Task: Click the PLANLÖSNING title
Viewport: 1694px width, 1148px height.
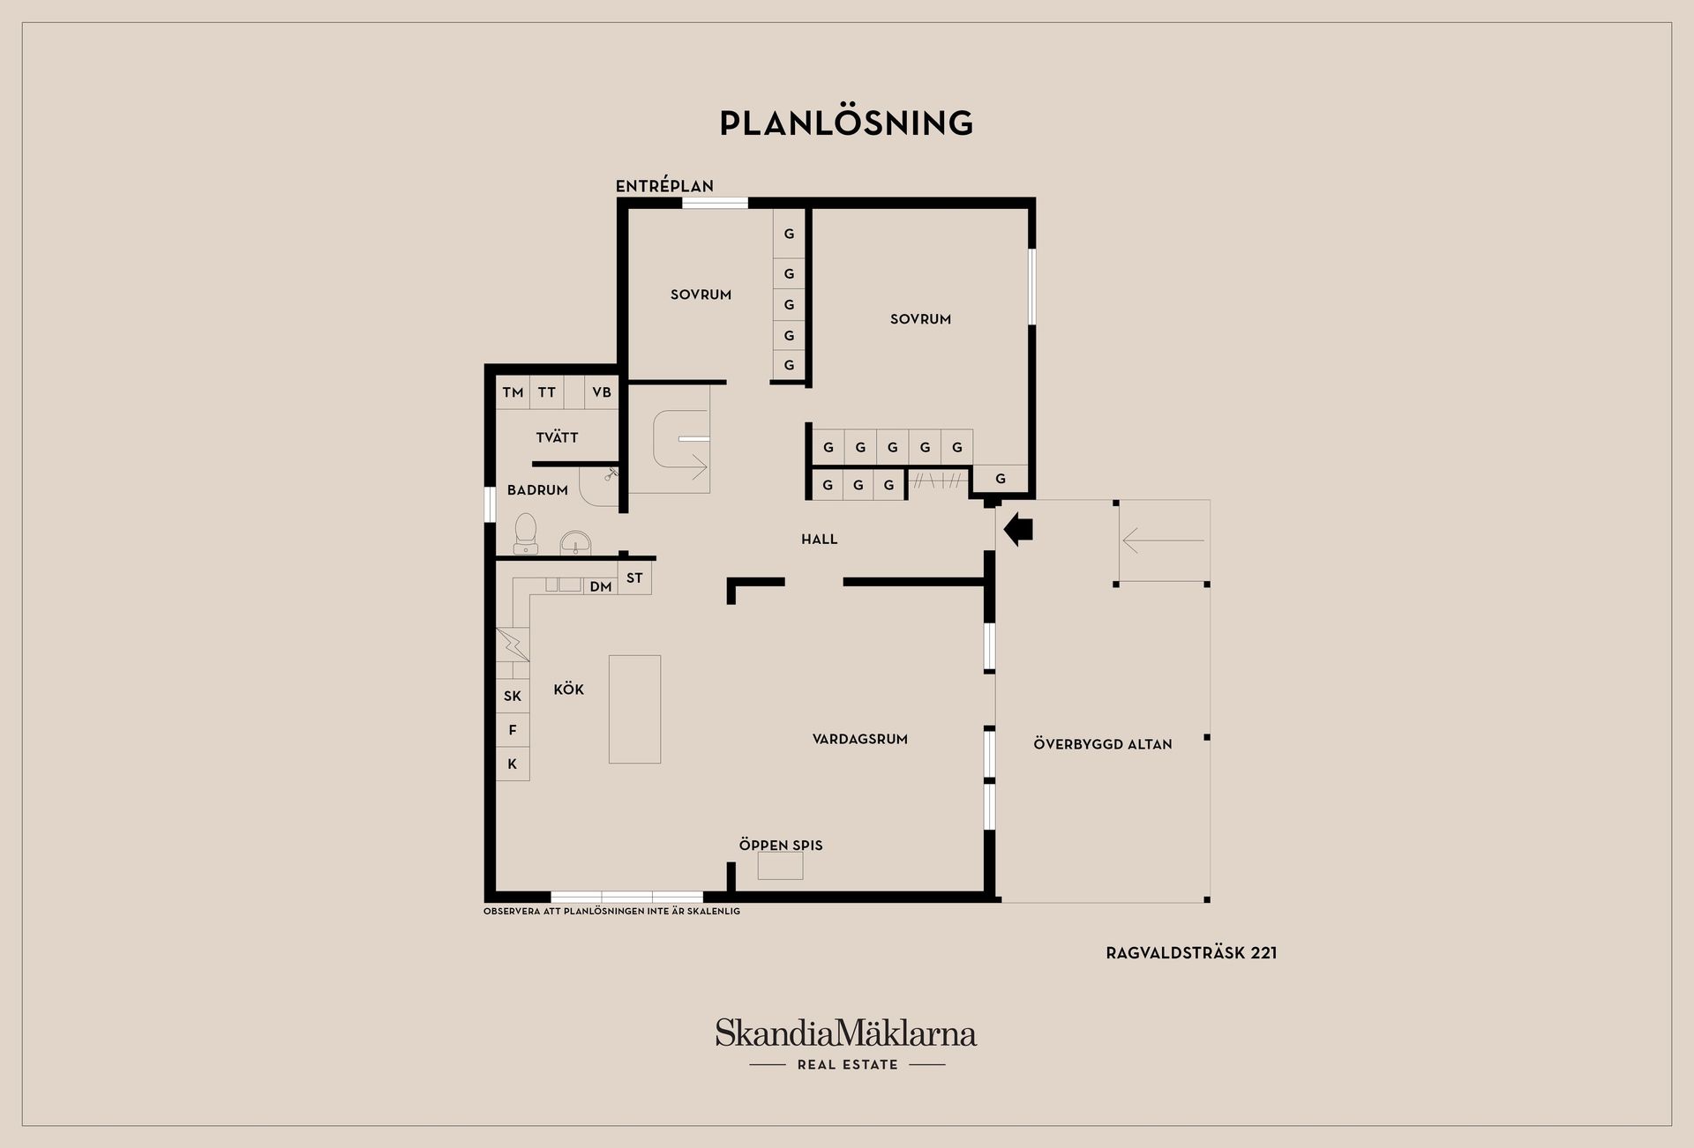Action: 846,123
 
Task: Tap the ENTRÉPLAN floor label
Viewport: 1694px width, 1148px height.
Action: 664,186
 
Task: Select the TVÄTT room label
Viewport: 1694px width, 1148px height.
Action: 557,437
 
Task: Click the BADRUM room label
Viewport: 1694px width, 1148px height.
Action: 537,490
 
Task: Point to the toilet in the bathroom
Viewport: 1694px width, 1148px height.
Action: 526,533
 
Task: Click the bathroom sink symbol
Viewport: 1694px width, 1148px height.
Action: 575,542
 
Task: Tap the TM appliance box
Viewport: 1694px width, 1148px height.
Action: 513,392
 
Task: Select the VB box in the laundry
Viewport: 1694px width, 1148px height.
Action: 602,392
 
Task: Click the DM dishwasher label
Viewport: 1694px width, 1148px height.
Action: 601,586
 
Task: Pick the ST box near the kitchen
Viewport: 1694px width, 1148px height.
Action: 634,578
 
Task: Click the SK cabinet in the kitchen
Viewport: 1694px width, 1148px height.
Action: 513,696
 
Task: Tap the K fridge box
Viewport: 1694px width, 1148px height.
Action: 513,764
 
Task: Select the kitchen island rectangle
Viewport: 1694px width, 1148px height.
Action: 634,709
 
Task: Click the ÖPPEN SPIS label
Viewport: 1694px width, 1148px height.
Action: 781,845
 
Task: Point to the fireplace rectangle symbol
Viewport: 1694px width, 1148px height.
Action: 781,867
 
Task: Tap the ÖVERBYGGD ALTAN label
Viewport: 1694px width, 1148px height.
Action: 1103,744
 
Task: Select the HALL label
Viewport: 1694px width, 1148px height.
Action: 820,539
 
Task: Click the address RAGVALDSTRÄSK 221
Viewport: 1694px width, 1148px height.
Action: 1191,952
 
